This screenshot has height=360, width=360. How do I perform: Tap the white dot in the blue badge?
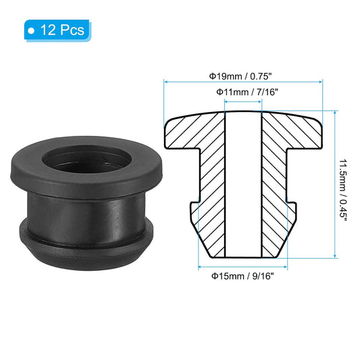point(31,30)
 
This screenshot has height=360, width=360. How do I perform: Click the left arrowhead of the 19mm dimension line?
point(167,82)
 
